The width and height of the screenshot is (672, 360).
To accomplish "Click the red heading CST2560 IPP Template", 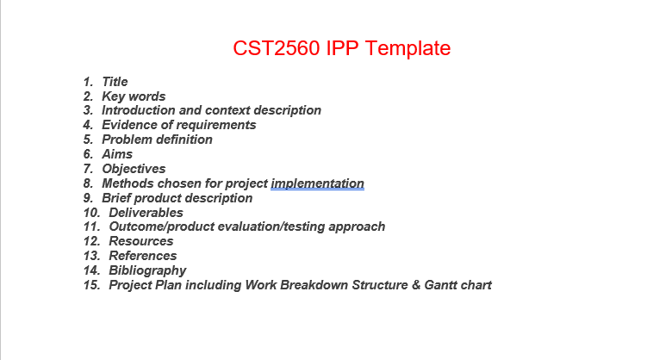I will (341, 48).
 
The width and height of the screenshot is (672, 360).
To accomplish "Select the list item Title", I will (115, 82).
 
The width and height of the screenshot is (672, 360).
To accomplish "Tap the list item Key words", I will (134, 96).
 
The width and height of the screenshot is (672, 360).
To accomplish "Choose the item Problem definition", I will (157, 140).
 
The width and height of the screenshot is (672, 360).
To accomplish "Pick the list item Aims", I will (117, 154).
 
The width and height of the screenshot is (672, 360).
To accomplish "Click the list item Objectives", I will (134, 169).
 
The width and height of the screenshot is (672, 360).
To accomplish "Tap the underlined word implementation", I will (317, 183).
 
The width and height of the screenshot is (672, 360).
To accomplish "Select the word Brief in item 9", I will (118, 198).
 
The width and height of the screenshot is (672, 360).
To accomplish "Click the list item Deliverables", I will (146, 213).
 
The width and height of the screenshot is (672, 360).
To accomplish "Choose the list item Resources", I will (140, 241).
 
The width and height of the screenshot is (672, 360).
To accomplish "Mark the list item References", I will (142, 256).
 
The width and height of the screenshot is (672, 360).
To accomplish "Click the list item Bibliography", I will (147, 270).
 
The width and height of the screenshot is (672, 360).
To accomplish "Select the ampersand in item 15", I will (415, 285).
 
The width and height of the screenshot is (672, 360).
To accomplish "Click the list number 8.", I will (88, 183).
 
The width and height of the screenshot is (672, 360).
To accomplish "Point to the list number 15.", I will (91, 285).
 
